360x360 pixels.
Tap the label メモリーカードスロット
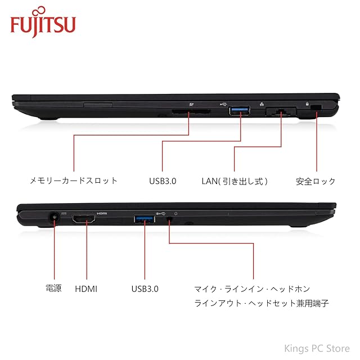click(x=74, y=181)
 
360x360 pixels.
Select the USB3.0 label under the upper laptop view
click(x=163, y=181)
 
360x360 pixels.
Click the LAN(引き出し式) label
click(x=235, y=181)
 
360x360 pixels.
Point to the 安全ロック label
click(x=316, y=181)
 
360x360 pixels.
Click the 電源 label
click(x=53, y=289)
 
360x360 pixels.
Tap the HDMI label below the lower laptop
click(x=86, y=289)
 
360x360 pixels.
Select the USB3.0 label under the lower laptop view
click(x=145, y=289)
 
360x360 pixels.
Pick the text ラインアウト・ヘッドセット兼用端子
click(x=262, y=303)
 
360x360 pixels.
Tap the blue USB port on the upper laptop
click(x=240, y=111)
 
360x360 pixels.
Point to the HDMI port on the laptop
click(x=84, y=220)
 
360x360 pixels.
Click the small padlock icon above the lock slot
click(x=307, y=103)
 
